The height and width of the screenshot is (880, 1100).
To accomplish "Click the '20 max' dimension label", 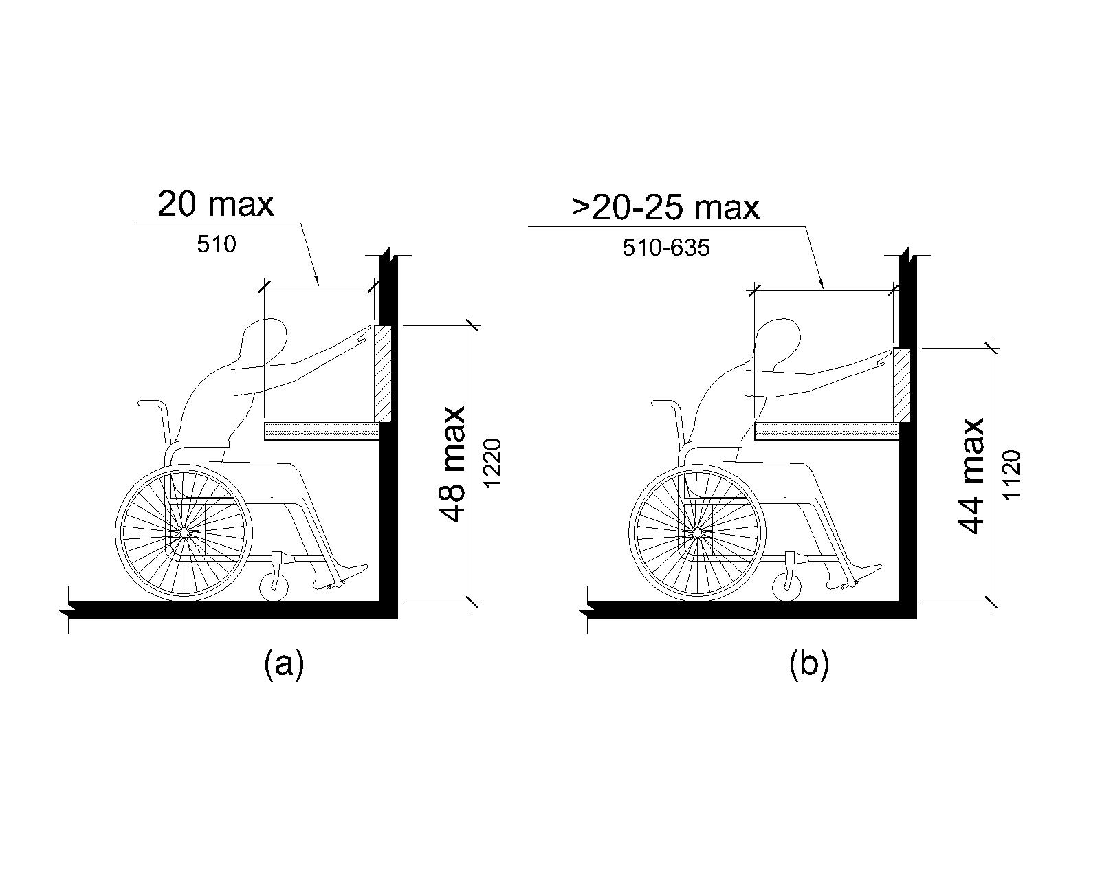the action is (x=216, y=205).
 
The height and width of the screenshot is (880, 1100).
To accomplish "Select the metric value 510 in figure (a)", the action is (x=217, y=245).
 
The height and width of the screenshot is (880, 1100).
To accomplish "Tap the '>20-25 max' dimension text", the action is (x=665, y=208).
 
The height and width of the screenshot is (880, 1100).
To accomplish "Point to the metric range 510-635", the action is (x=666, y=248).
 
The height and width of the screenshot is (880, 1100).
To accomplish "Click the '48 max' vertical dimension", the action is (x=452, y=464).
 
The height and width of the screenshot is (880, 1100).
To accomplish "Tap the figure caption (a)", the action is (x=284, y=663).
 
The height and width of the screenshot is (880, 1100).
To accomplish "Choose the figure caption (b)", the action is (x=809, y=663).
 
